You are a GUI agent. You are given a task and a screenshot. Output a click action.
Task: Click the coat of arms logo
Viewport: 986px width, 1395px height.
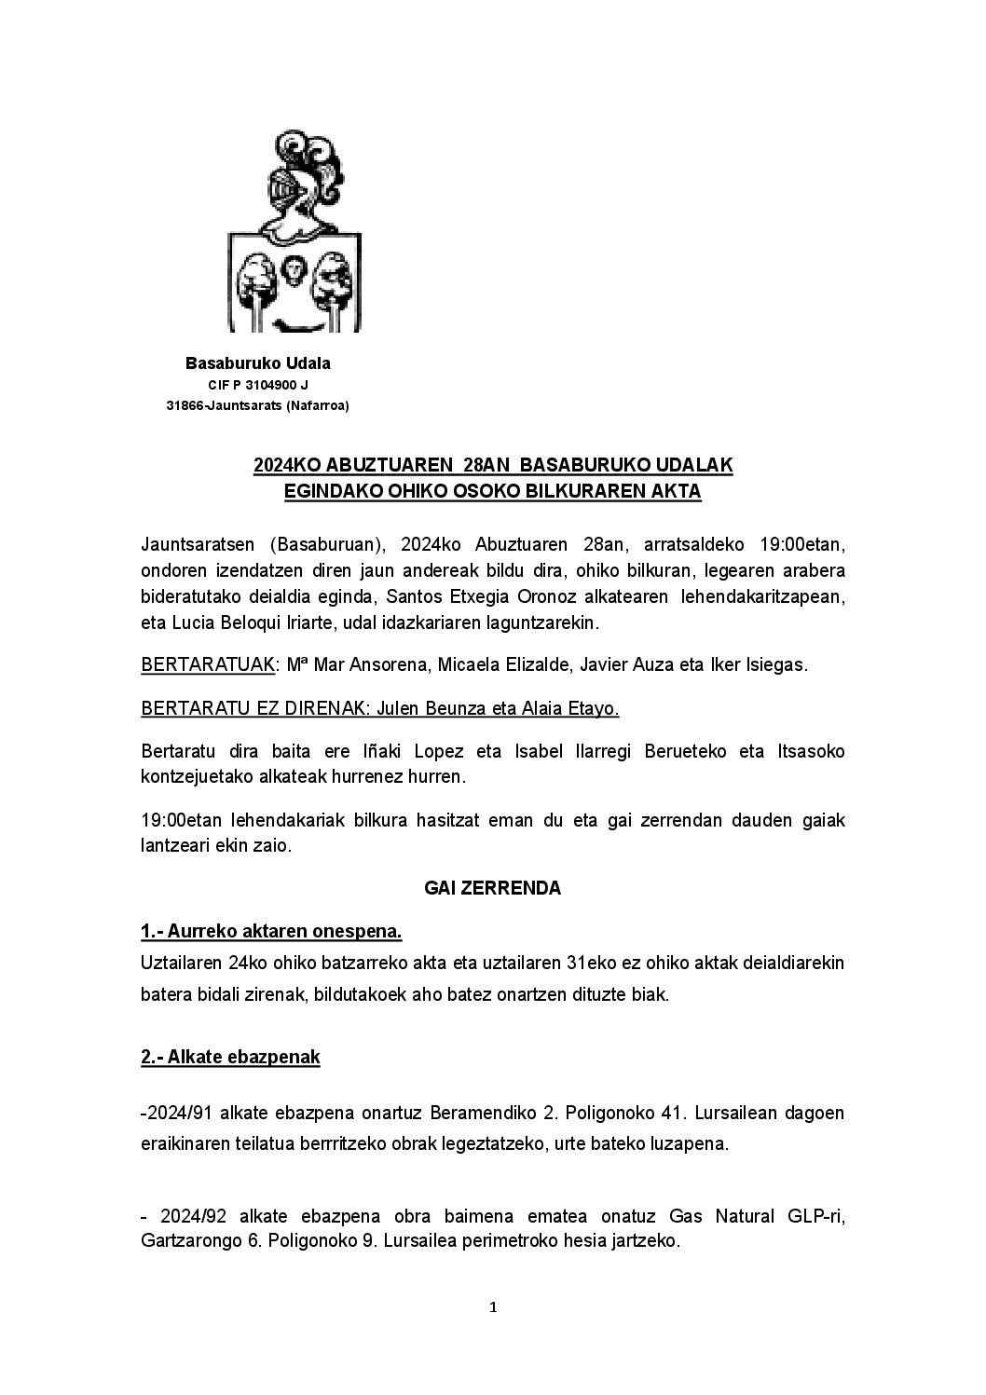[x=294, y=233]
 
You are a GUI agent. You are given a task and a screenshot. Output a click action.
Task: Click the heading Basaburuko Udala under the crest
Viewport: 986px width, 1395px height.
[x=258, y=362]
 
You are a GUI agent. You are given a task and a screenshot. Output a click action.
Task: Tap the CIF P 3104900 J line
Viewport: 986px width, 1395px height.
[x=258, y=384]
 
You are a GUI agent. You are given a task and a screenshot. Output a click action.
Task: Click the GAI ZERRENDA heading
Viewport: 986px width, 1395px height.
[x=492, y=888]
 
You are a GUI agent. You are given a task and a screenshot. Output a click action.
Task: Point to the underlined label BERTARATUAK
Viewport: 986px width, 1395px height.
[x=209, y=665]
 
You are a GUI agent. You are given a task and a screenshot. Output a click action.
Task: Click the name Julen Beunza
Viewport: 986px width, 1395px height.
[x=416, y=709]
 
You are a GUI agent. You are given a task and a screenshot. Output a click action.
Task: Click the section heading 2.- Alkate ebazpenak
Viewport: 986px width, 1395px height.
[x=230, y=1057]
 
